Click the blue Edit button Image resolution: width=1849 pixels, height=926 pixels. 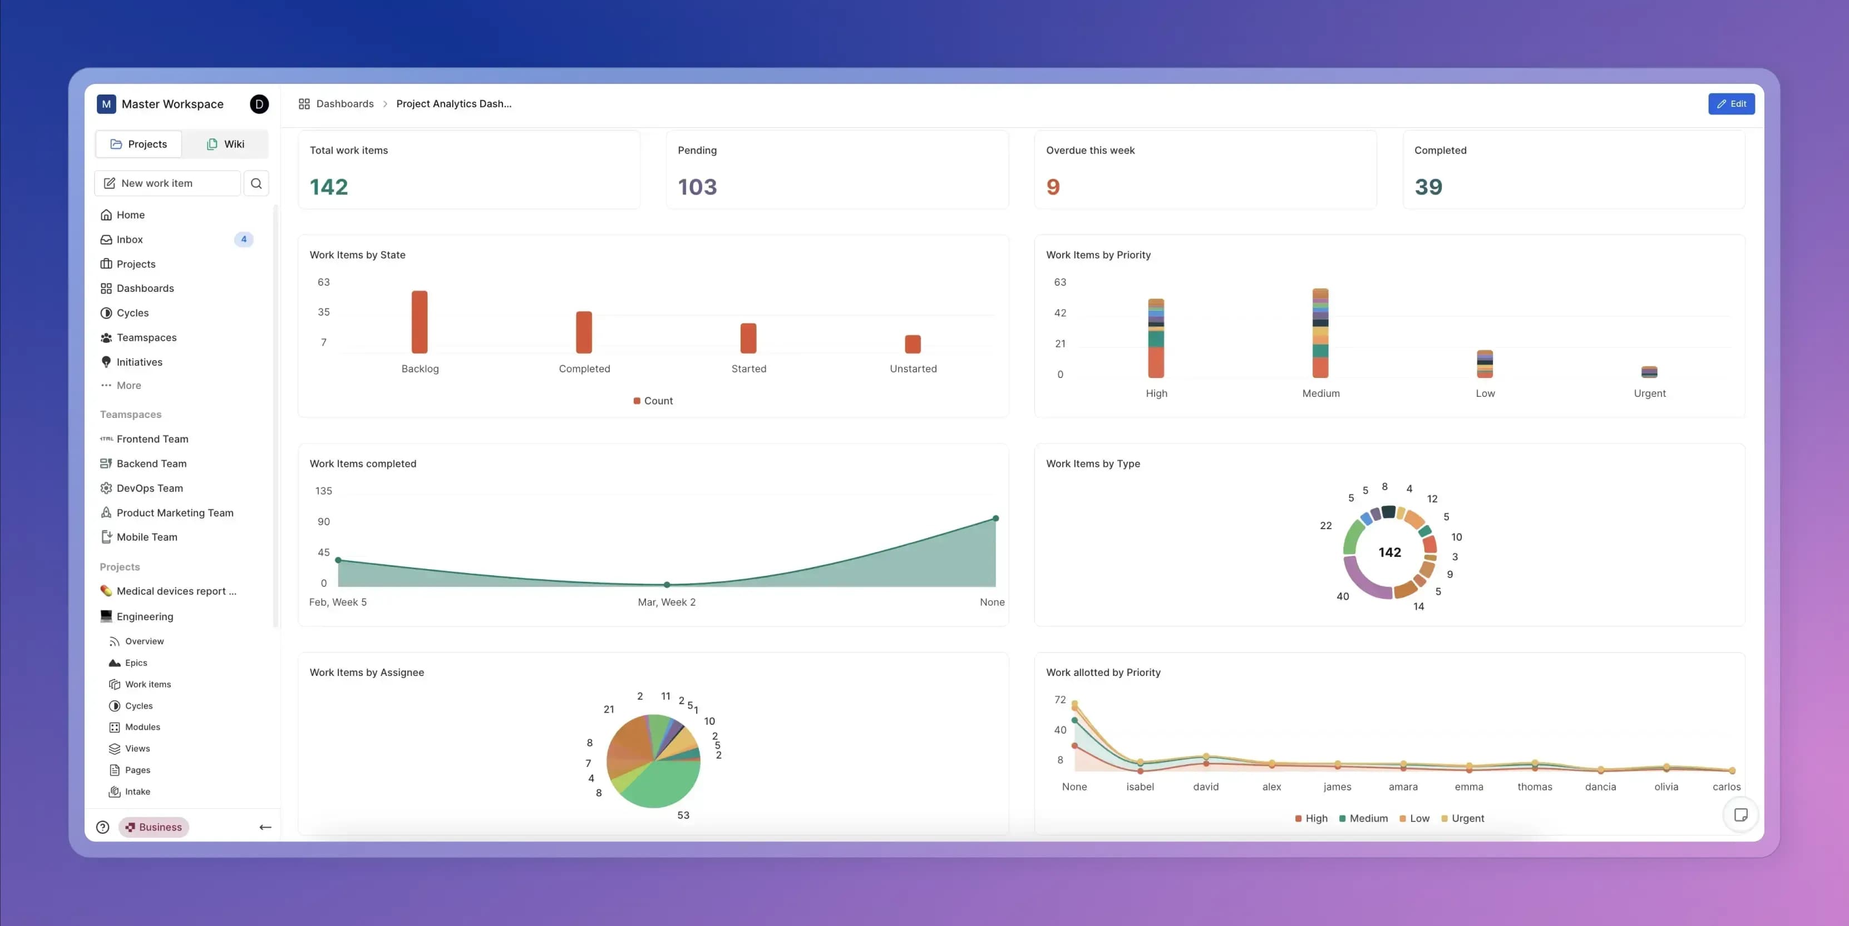[1730, 104]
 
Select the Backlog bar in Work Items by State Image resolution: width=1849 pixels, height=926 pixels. [419, 322]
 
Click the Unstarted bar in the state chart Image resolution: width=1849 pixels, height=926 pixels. [913, 344]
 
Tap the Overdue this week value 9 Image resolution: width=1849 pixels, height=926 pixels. [1052, 187]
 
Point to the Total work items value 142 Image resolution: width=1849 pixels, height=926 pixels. [329, 187]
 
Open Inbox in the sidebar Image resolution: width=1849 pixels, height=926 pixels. [130, 240]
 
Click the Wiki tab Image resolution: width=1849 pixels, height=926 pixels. [225, 144]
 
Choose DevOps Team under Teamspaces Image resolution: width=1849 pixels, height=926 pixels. [149, 489]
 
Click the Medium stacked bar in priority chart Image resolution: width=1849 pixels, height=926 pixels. [1320, 333]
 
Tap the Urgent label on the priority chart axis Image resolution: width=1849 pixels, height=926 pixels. [1649, 394]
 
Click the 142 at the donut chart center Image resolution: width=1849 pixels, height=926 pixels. [1389, 552]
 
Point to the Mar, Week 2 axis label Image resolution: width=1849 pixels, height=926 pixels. [666, 603]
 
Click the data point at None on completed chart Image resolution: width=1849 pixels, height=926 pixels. [995, 519]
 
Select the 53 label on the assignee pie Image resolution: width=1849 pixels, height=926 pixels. [683, 815]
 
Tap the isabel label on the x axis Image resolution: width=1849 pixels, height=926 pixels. [1139, 787]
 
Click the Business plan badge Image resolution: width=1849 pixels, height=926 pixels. [154, 827]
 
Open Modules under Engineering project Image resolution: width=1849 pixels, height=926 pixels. [142, 728]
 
